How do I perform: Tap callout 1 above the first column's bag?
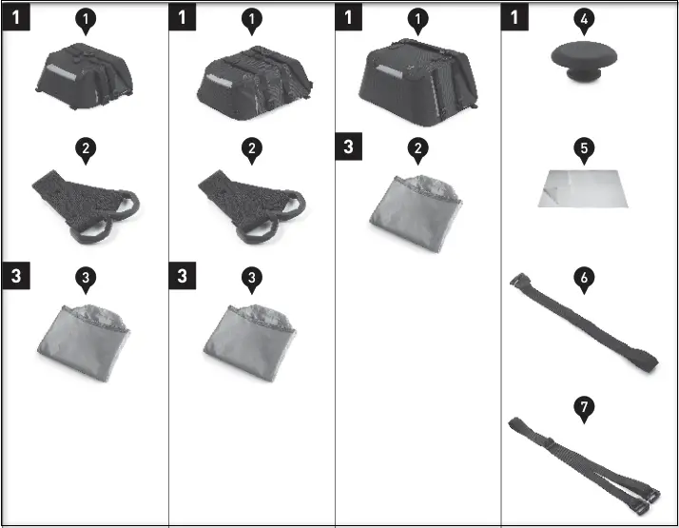[x=85, y=19]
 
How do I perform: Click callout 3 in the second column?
[x=251, y=277]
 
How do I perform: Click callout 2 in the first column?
[x=85, y=148]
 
